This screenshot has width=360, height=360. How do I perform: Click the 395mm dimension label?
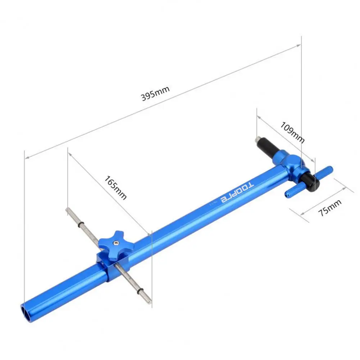[155, 93]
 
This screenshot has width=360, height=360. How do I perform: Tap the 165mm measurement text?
[115, 187]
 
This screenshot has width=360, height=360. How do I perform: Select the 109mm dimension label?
[292, 132]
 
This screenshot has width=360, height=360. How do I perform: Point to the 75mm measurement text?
[329, 208]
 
